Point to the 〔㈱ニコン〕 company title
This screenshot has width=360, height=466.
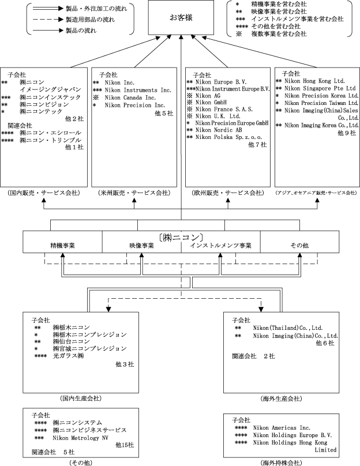tap(180, 236)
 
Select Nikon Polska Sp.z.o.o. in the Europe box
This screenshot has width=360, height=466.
tap(226, 137)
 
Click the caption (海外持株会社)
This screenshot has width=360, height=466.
tap(280, 462)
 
